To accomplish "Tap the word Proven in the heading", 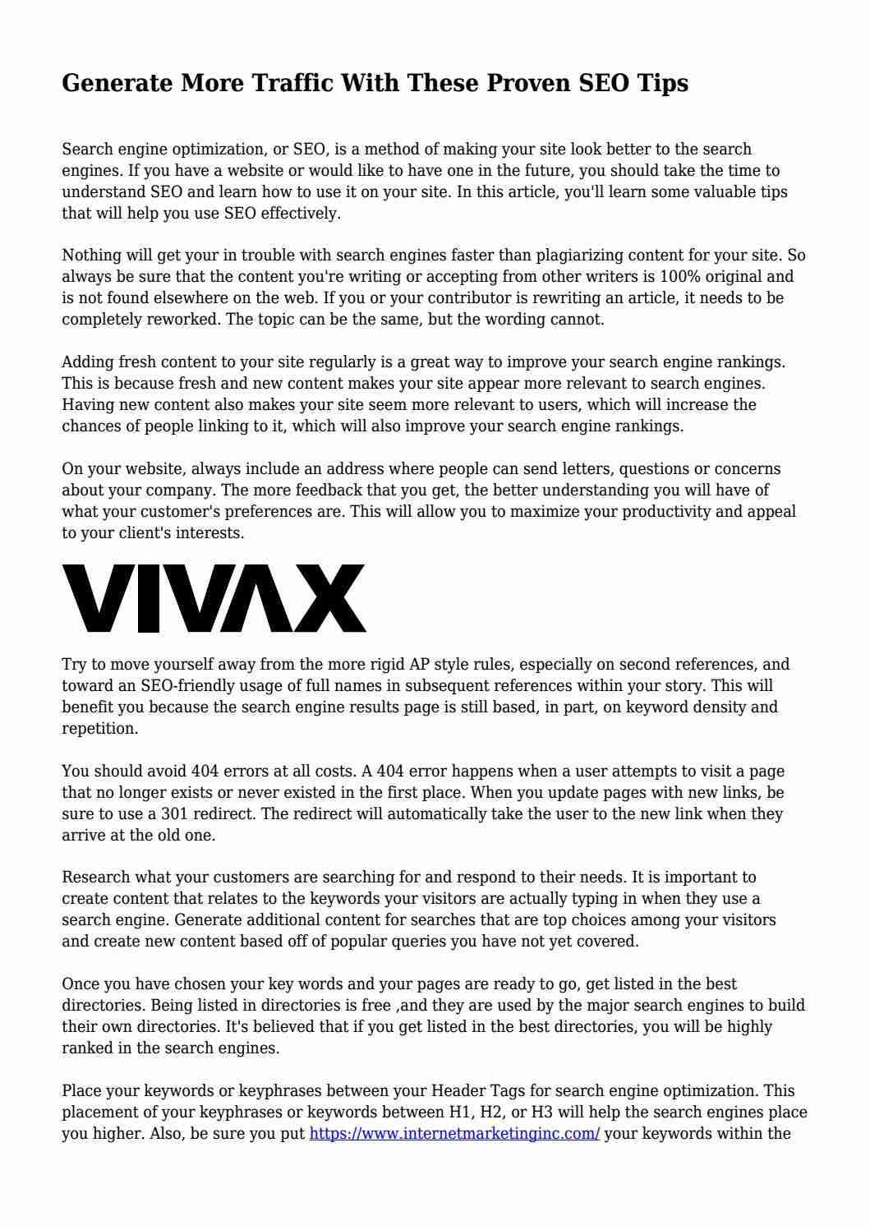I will click(532, 84).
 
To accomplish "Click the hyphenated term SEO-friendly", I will click(187, 686).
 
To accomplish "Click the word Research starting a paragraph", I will click(95, 878).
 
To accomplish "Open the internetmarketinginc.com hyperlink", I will click(454, 1134).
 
